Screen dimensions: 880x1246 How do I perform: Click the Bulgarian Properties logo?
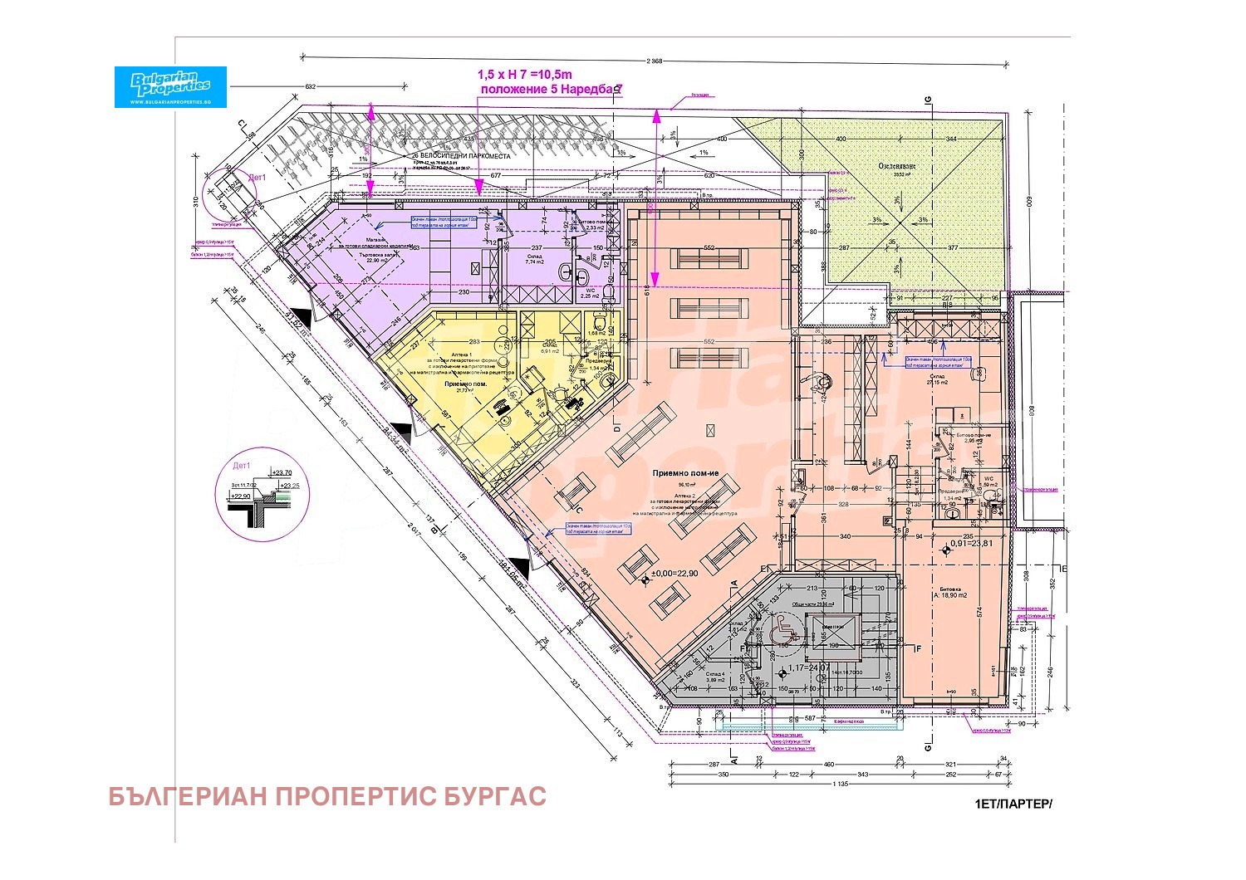tap(170, 86)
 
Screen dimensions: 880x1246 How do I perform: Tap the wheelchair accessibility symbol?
tap(782, 631)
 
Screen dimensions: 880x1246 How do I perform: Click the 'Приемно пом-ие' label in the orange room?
tap(684, 473)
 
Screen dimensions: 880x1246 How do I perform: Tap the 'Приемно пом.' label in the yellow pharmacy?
tap(465, 385)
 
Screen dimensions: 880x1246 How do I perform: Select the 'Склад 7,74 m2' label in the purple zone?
tap(533, 260)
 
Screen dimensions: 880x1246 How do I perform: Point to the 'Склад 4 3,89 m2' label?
tap(716, 676)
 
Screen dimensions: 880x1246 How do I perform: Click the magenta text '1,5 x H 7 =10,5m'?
tap(525, 76)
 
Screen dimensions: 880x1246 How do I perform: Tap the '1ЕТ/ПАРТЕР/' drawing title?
tap(1013, 804)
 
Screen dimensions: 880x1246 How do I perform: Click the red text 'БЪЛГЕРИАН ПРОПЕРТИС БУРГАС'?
tap(327, 796)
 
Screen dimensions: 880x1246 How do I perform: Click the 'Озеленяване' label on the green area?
tap(897, 166)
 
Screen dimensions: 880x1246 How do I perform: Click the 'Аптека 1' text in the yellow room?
tap(461, 354)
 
